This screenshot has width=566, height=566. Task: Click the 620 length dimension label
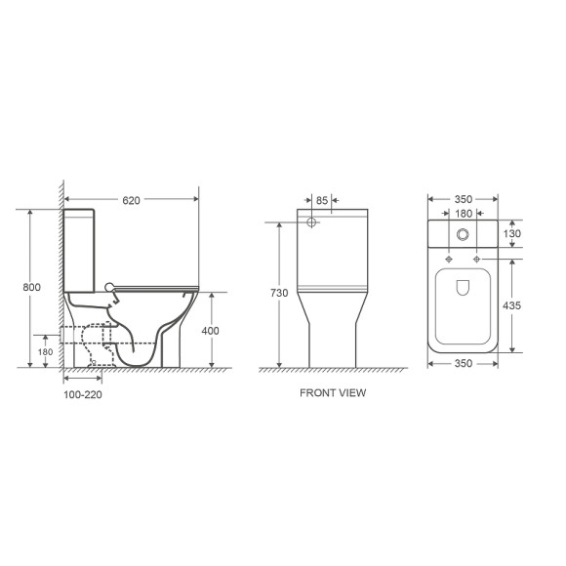(x=132, y=201)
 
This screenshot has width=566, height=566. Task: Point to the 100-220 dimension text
(x=81, y=397)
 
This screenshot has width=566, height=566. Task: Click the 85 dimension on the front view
(x=323, y=201)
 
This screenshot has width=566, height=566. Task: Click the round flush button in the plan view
(x=465, y=234)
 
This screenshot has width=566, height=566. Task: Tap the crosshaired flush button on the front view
(x=313, y=223)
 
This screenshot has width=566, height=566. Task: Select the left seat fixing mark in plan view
(x=447, y=259)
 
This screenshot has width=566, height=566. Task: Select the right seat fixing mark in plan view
(x=477, y=259)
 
